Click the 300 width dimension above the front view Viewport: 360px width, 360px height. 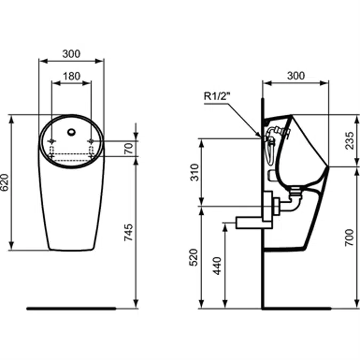click(71, 53)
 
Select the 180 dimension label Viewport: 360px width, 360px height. click(71, 76)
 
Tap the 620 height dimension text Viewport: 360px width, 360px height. click(5, 182)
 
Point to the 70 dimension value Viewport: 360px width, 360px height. click(129, 148)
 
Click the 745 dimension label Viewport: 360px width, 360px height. click(129, 233)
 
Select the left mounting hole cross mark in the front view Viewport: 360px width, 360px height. click(52, 141)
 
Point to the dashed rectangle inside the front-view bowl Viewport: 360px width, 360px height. click(71, 156)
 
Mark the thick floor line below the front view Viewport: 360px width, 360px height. click(71, 308)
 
